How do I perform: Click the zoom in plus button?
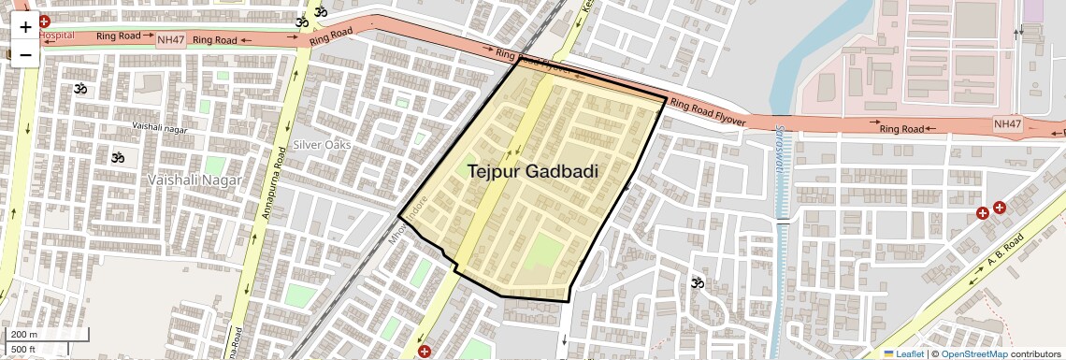pos(25,27)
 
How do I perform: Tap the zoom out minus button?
pos(25,54)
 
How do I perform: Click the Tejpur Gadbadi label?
pos(532,171)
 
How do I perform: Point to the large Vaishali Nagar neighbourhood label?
pos(196,179)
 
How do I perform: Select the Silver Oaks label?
pos(322,145)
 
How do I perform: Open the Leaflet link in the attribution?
pos(903,353)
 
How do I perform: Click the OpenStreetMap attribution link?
pos(973,353)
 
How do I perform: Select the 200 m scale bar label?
pos(23,335)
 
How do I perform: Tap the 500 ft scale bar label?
pos(23,350)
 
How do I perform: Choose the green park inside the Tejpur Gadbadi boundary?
pos(544,257)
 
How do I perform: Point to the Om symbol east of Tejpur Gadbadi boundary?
pos(696,282)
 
